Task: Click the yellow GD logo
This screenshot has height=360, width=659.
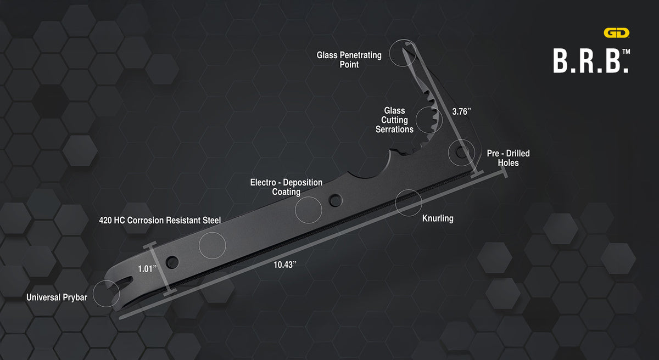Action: tap(616, 32)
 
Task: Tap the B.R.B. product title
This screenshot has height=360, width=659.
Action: tap(591, 61)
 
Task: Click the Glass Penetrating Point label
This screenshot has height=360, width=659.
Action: tap(349, 60)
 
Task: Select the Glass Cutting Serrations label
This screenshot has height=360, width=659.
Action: tap(394, 120)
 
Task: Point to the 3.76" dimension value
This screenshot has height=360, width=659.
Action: tap(461, 111)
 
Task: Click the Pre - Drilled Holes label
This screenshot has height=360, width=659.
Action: tap(508, 158)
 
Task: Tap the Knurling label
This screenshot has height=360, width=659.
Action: tap(438, 218)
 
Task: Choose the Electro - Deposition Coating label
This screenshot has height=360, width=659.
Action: tap(286, 187)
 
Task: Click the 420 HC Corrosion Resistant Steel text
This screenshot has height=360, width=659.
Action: tap(160, 221)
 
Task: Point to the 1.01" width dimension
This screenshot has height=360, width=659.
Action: tap(147, 268)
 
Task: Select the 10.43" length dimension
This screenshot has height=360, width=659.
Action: tap(285, 265)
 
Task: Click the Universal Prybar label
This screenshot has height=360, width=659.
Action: tap(57, 297)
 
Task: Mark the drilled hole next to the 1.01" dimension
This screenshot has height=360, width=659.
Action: tap(172, 262)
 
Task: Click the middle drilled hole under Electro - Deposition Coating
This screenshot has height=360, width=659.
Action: tap(336, 200)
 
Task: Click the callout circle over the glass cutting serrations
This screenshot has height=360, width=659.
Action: tap(416, 120)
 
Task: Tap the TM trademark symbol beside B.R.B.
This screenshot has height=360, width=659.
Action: tap(627, 52)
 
